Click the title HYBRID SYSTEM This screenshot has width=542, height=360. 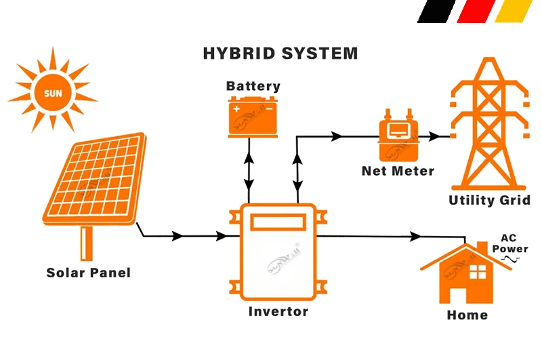(x=280, y=54)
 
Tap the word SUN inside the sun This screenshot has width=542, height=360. (x=51, y=92)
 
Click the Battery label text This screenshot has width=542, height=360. (x=253, y=86)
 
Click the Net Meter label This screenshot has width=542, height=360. (x=398, y=171)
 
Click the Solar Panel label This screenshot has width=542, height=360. (x=88, y=273)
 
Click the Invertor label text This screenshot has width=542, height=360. (x=278, y=312)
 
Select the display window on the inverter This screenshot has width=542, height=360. (x=278, y=222)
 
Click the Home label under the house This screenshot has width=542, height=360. (x=467, y=315)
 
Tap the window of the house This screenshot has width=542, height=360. (x=478, y=272)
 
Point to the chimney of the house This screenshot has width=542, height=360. (x=482, y=248)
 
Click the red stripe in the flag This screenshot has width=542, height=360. (x=474, y=12)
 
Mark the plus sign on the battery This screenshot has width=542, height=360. (x=236, y=108)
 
